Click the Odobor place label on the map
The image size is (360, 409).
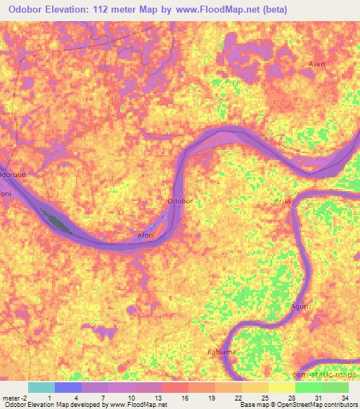(179, 202)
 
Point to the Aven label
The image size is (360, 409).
(316, 64)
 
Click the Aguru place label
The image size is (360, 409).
(301, 307)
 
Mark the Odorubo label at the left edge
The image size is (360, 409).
(13, 173)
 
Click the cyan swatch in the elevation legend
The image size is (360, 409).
(41, 387)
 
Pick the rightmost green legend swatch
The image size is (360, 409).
(335, 387)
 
